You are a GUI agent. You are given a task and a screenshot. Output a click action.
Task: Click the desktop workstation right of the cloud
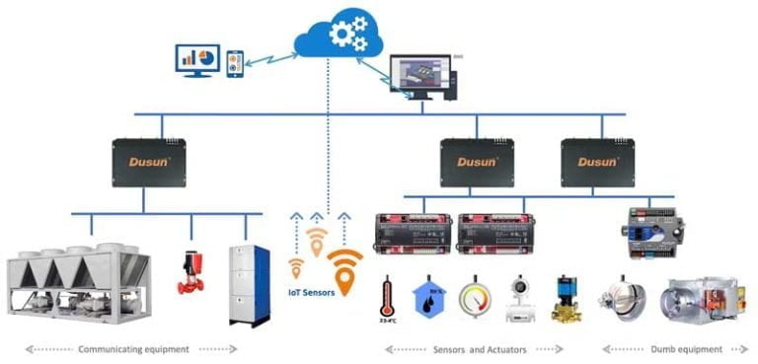(422, 79)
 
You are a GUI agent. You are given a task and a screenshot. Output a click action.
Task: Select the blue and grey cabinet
(249, 284)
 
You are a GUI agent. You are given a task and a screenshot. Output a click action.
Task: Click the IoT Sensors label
(312, 293)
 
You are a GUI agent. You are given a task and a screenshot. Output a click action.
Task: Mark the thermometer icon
(388, 300)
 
